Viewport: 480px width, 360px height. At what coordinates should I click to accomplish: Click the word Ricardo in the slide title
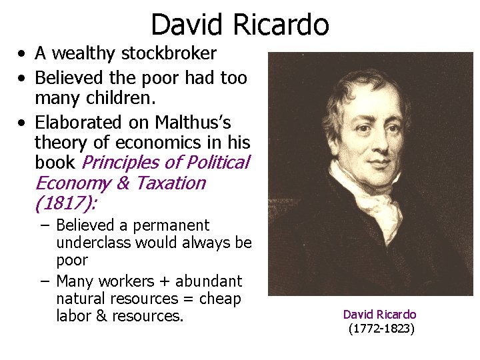tap(281, 25)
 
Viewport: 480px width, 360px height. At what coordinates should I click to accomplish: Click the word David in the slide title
tap(189, 25)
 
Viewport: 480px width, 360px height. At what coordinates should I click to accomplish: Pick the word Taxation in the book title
tap(171, 183)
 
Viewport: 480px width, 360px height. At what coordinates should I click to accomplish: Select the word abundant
tap(205, 281)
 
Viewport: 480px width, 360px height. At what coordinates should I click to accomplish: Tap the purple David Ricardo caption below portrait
tap(379, 314)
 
